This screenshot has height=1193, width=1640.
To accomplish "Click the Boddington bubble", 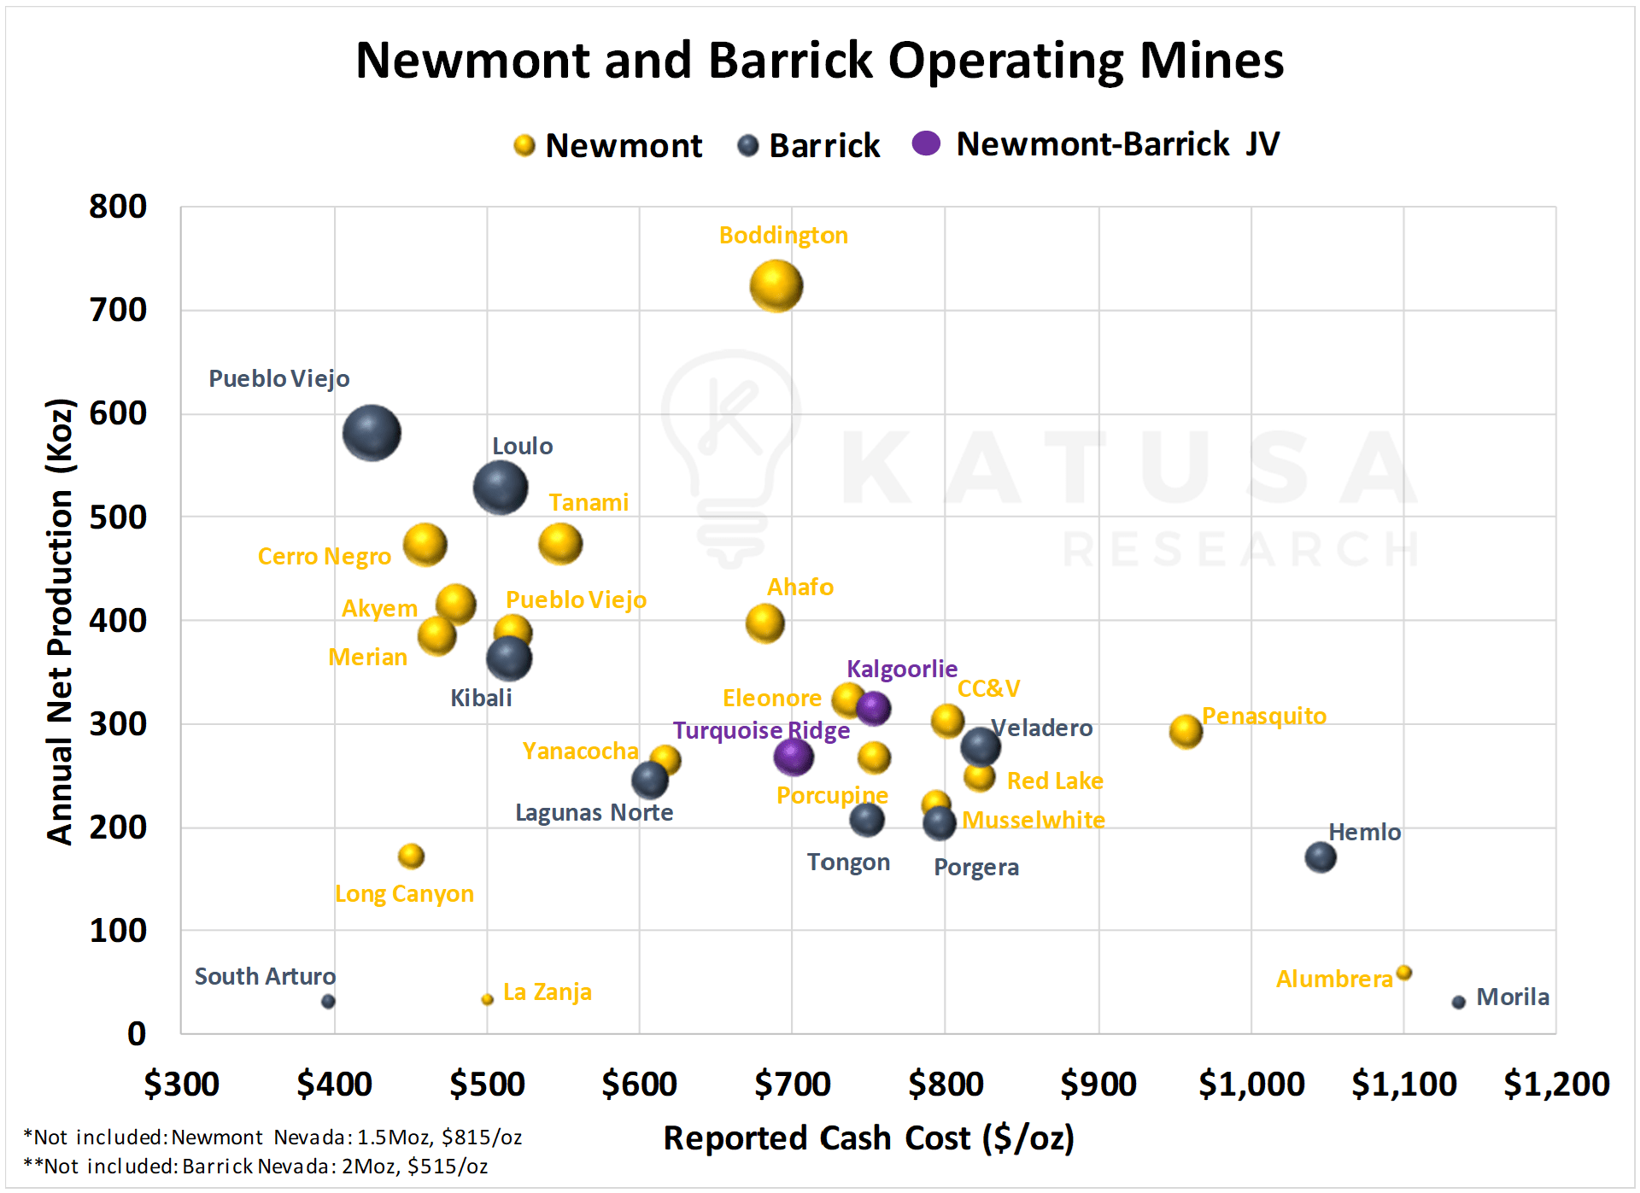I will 776,286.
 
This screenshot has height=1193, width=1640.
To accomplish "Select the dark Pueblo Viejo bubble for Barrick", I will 372,433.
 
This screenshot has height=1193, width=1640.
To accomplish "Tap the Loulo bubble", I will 501,488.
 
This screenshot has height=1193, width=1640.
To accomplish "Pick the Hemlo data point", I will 1320,857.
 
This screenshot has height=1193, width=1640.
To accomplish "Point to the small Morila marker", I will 1458,1002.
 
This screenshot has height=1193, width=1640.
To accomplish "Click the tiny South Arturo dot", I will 328,1001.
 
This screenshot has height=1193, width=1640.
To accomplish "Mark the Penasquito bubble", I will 1186,731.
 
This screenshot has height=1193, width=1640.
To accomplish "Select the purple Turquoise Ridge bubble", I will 794,757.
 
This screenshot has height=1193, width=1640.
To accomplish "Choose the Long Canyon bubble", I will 411,856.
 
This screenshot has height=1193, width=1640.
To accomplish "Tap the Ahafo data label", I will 799,588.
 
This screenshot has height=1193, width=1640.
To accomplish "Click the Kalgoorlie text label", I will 901,669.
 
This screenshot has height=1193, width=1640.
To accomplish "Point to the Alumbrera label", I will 1334,979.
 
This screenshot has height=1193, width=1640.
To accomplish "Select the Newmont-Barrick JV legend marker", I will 926,143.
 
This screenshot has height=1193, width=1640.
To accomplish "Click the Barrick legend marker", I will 748,146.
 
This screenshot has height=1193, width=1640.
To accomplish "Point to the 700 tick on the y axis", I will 118,310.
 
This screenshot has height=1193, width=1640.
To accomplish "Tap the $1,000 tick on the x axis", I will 1251,1084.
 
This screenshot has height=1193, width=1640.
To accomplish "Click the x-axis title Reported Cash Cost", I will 869,1138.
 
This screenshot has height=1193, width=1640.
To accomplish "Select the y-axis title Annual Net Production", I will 61,621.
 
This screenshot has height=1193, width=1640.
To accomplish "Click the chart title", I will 819,61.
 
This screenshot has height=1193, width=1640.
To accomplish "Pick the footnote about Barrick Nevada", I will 255,1167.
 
